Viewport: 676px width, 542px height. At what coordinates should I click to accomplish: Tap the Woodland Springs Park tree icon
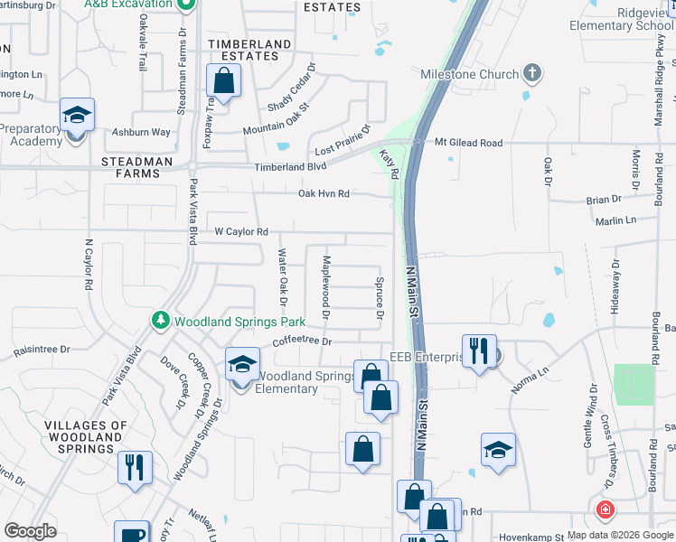(x=161, y=321)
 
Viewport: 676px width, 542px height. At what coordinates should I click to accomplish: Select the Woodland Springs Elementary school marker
(x=241, y=366)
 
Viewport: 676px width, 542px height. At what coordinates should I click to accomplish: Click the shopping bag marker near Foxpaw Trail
(x=222, y=81)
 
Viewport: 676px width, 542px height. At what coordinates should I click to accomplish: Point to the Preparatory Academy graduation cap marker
(x=77, y=116)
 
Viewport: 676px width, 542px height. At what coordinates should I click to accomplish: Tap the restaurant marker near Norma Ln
(x=478, y=350)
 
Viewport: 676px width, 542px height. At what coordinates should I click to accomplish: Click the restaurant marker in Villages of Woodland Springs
(x=135, y=467)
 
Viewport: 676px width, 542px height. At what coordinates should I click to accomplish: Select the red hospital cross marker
(x=604, y=510)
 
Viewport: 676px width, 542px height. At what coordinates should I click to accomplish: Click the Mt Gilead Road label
(x=468, y=143)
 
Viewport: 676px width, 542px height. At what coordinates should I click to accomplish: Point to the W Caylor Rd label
(x=241, y=232)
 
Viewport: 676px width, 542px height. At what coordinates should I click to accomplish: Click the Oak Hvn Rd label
(x=324, y=193)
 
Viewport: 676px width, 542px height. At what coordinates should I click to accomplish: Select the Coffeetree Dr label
(x=303, y=342)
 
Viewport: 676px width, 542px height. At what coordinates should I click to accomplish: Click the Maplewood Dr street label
(x=326, y=288)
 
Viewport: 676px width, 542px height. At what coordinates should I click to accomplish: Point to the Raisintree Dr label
(x=41, y=349)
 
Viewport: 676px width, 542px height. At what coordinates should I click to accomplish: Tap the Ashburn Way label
(x=141, y=132)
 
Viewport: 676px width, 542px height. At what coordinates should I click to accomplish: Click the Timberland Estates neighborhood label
(x=249, y=50)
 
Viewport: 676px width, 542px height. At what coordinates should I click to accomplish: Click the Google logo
(x=30, y=531)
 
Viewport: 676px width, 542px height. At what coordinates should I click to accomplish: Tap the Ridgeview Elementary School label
(x=622, y=19)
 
